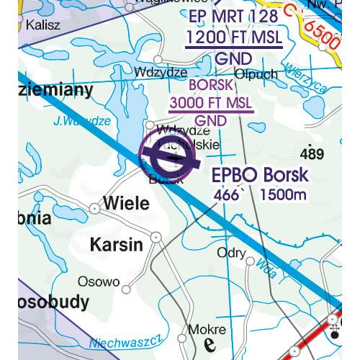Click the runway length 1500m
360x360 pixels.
tap(285, 194)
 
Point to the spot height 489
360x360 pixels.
tap(312, 154)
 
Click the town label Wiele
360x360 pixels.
tap(127, 204)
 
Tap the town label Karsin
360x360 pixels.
tap(116, 245)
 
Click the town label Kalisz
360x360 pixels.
tap(42, 25)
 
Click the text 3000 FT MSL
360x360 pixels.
tap(211, 103)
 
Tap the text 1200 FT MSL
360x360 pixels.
tap(233, 37)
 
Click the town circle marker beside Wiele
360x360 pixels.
tap(94, 208)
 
